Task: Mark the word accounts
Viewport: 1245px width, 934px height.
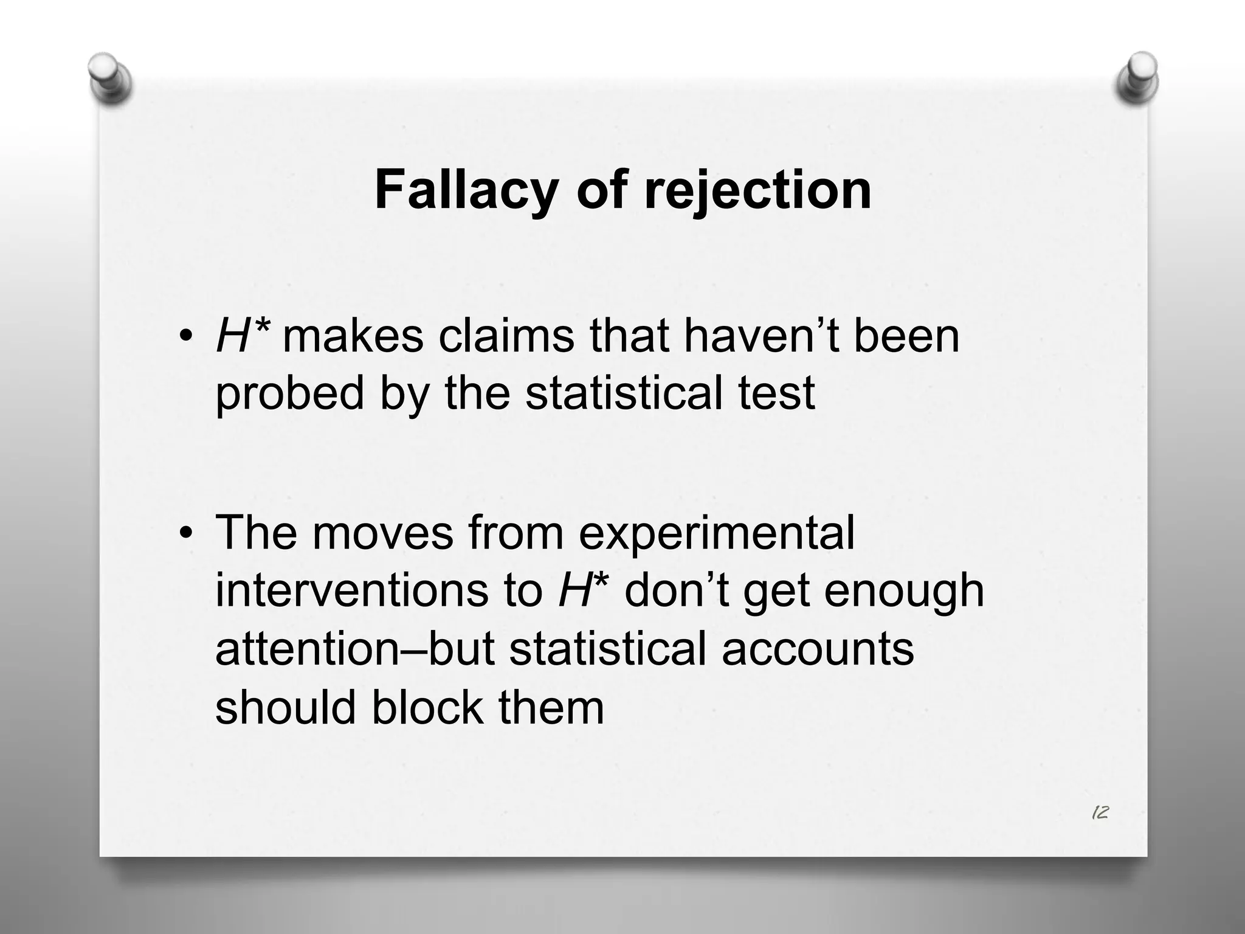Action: [x=817, y=648]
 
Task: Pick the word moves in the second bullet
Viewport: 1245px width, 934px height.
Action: [x=382, y=533]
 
